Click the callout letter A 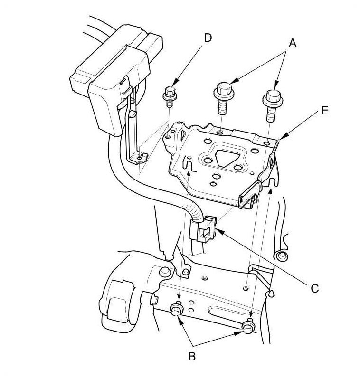tap(292, 43)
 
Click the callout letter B tap(192, 357)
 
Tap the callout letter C tap(314, 288)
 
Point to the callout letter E tap(324, 111)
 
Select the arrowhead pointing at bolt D tap(176, 81)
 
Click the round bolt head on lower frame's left tap(165, 272)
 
